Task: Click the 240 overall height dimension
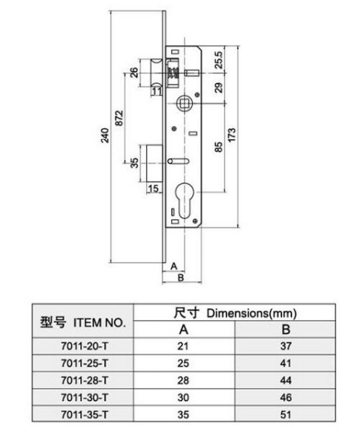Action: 105,136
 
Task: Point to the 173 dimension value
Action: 232,135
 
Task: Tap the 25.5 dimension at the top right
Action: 219,60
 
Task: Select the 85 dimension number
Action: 219,147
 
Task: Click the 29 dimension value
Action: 219,88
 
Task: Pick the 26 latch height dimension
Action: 134,73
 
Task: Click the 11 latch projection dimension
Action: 157,91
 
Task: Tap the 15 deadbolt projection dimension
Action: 154,189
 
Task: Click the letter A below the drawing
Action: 174,266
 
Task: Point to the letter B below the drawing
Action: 180,277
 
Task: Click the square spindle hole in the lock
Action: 184,102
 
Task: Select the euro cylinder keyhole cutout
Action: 183,200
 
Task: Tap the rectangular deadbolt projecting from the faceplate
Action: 155,163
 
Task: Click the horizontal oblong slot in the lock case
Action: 178,161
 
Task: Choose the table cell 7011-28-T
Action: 84,380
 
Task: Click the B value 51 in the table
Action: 286,415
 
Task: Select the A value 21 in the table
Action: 183,346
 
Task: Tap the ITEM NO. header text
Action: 99,322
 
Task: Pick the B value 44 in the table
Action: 286,380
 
